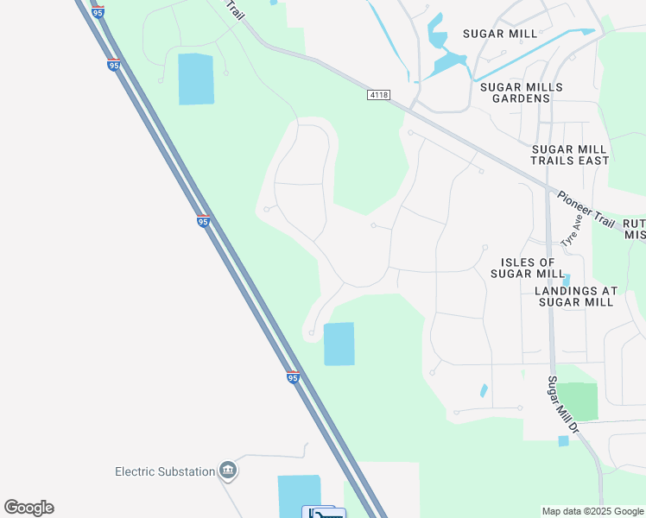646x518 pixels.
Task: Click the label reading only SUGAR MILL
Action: point(499,34)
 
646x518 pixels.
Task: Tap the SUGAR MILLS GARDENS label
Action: point(521,93)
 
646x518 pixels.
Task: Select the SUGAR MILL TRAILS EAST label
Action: point(569,155)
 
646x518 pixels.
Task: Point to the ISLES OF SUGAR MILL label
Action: point(528,268)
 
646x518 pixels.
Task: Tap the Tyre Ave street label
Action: point(573,231)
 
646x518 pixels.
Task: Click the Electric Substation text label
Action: point(165,471)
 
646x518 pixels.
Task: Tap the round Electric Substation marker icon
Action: point(228,471)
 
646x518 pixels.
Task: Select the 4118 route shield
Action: point(377,94)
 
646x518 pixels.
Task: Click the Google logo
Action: point(29,508)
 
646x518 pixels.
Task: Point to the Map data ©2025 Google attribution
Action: point(592,511)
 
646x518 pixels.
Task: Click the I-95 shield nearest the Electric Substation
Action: point(293,377)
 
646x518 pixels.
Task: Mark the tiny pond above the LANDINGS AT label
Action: point(567,280)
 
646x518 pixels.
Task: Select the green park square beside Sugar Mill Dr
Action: point(577,401)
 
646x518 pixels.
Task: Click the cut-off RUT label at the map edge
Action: point(634,222)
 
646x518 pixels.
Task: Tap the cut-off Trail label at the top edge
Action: point(235,13)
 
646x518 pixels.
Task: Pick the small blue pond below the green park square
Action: point(563,441)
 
